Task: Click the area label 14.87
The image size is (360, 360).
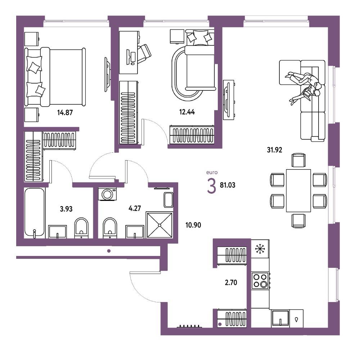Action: tap(65, 112)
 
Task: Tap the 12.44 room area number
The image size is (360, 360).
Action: tap(187, 112)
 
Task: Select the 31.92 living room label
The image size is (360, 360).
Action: tap(274, 150)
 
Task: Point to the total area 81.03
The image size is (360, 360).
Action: tap(228, 185)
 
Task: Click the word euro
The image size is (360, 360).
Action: tap(212, 172)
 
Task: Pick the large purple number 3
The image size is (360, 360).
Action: tap(211, 186)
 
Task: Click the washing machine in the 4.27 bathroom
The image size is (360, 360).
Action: tap(107, 194)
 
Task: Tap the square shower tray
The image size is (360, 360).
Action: tap(159, 225)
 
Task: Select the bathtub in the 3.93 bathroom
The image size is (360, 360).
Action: tap(35, 213)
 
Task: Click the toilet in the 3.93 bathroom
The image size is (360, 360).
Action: tap(81, 227)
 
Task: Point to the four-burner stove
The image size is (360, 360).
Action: tap(260, 280)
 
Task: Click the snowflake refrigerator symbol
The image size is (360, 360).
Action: tap(260, 249)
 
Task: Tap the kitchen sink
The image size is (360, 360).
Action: tap(280, 318)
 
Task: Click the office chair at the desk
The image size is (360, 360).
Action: tap(144, 53)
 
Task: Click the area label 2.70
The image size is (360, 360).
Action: tap(231, 282)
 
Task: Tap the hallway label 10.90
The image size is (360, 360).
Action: tap(193, 225)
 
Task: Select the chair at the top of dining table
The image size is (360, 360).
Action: tap(298, 160)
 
